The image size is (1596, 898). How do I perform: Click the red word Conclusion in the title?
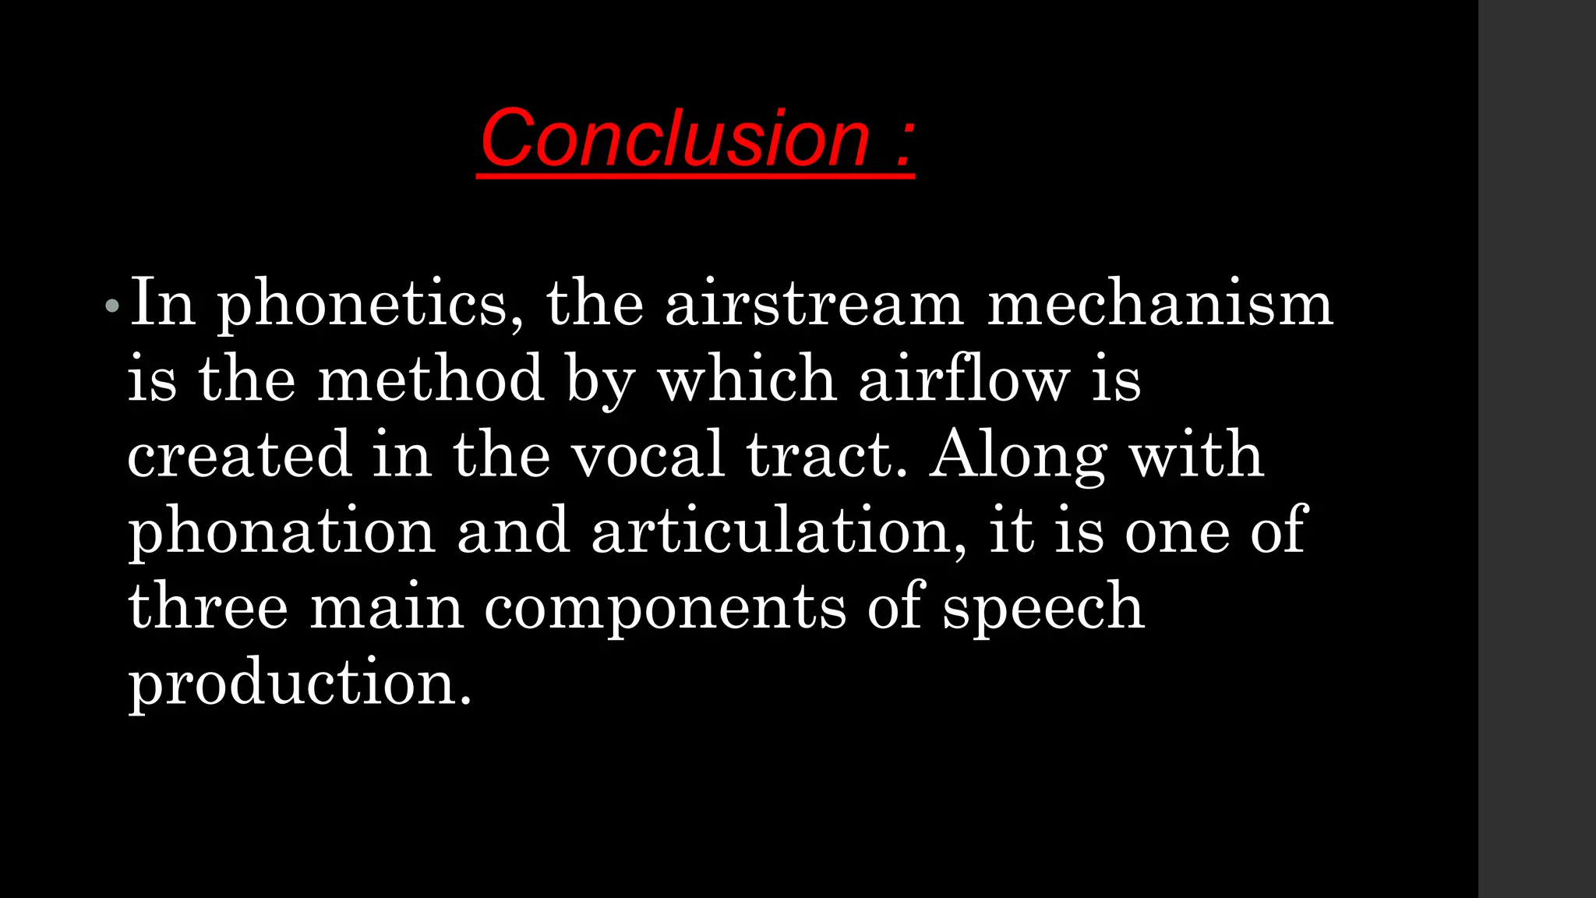(674, 139)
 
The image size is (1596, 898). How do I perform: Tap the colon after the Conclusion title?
(903, 144)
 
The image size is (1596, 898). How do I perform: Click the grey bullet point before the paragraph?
(112, 306)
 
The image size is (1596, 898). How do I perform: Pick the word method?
(430, 379)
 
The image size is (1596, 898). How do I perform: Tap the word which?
(747, 379)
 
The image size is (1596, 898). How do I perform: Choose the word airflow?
(963, 379)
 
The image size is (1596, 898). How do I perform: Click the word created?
(239, 454)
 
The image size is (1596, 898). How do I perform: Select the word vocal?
(648, 454)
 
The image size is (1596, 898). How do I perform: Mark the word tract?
(827, 454)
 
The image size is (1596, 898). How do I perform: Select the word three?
(208, 606)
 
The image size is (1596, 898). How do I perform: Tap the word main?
(387, 606)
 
